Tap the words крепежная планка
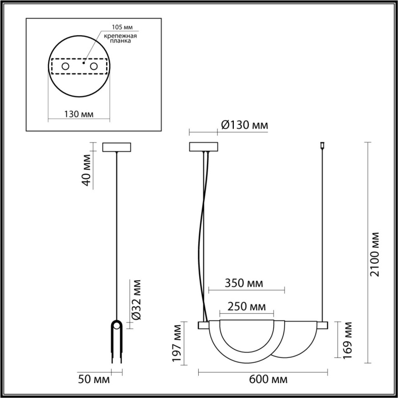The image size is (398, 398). click(121, 38)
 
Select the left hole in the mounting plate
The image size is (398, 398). click(65, 67)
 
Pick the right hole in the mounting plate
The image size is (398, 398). click(95, 67)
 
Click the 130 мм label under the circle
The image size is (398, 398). click(79, 114)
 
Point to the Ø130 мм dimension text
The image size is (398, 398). click(244, 125)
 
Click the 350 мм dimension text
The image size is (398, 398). click(244, 283)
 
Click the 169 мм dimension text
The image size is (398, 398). click(348, 340)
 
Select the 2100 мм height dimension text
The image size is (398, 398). click(374, 254)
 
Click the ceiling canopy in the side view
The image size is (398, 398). click(117, 147)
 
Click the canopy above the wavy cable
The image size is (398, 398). click(203, 147)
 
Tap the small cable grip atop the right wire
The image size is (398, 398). click(322, 146)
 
